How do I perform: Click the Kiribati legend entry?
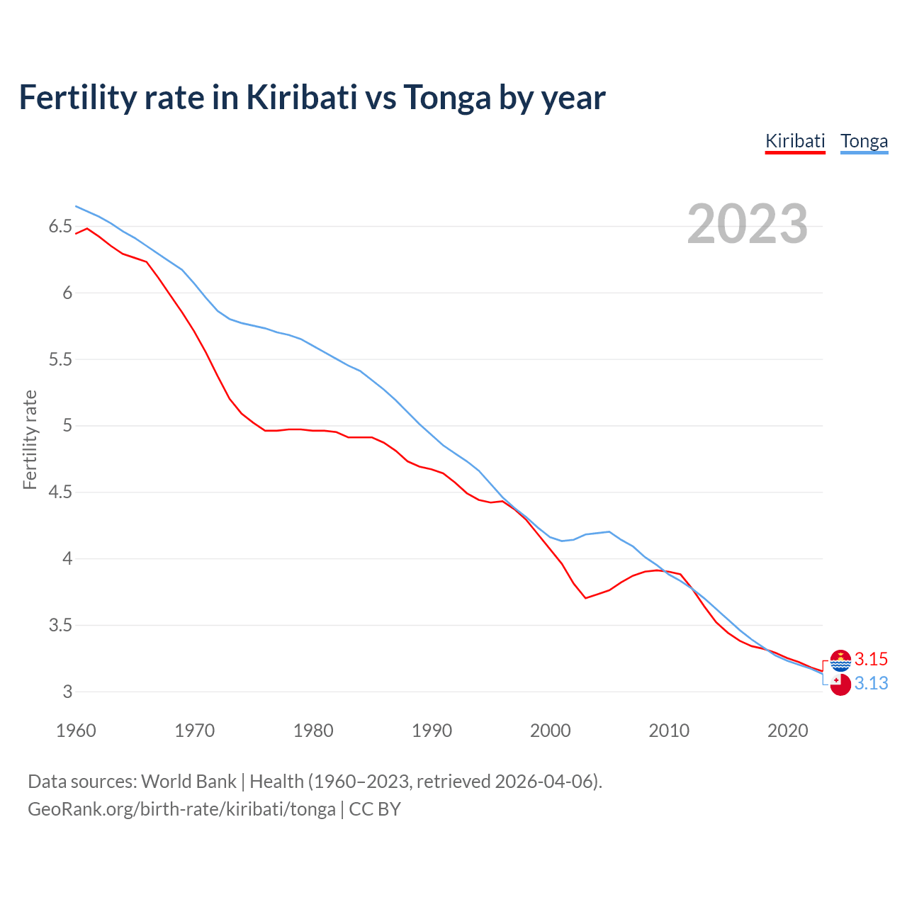[795, 141]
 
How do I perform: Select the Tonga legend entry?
[864, 141]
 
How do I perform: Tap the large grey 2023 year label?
[748, 224]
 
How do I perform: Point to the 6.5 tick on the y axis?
[60, 227]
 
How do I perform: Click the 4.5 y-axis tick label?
[60, 492]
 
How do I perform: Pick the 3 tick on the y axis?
[68, 692]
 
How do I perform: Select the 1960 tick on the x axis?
[76, 731]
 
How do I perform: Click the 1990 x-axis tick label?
[432, 731]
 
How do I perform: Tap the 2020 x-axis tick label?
[787, 731]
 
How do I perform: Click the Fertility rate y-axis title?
[30, 439]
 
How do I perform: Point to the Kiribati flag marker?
[840, 660]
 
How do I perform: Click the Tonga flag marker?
[840, 685]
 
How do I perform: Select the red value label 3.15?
[871, 660]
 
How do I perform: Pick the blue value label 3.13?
[871, 684]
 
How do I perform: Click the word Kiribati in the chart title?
[302, 97]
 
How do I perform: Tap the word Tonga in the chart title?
[447, 97]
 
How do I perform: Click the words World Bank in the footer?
[188, 782]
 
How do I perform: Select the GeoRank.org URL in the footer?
[181, 809]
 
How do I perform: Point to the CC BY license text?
[375, 809]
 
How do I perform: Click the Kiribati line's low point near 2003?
[586, 598]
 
